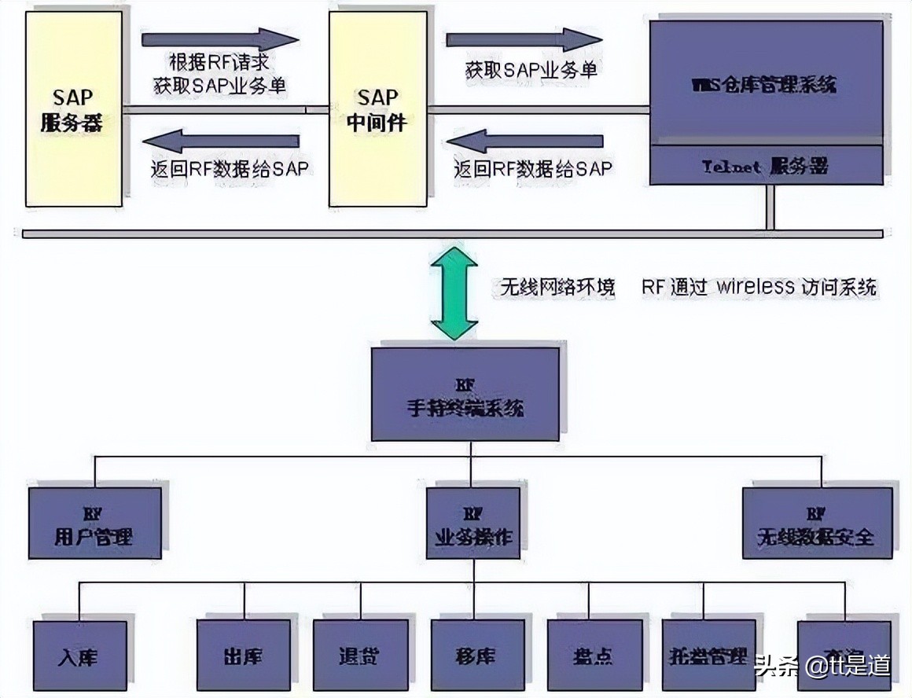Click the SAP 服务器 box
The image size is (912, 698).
click(x=73, y=110)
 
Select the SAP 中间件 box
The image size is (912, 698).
click(x=377, y=110)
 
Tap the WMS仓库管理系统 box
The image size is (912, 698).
click(x=766, y=83)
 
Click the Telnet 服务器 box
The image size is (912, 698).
click(x=766, y=166)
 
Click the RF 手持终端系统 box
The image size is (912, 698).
click(x=465, y=394)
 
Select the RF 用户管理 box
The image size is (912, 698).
click(x=94, y=523)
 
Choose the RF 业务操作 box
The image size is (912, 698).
click(x=473, y=523)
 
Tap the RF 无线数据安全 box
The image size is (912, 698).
click(x=817, y=523)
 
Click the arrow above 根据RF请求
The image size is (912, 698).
click(x=220, y=39)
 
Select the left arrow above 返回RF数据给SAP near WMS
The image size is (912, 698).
click(x=524, y=141)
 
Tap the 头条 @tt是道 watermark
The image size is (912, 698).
click(x=822, y=667)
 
